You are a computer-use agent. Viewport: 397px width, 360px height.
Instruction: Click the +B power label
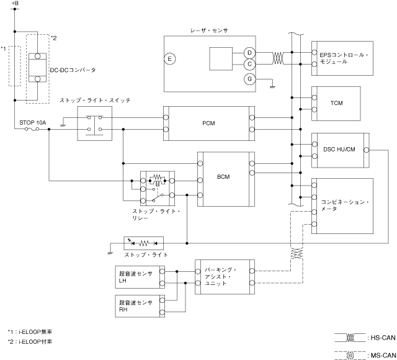15,4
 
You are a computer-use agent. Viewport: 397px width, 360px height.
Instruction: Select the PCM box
208,124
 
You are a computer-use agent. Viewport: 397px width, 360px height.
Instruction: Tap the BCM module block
224,178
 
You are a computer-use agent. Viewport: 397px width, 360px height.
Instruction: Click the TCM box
337,102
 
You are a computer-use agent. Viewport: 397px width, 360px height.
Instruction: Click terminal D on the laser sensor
249,52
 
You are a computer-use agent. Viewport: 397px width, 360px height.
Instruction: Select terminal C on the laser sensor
249,63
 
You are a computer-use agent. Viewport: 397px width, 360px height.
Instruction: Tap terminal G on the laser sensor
249,79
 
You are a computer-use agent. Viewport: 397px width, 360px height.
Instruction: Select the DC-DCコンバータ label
73,70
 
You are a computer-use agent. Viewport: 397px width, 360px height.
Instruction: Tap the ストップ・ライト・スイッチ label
95,100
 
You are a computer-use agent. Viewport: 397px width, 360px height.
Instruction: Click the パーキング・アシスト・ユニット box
224,277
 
